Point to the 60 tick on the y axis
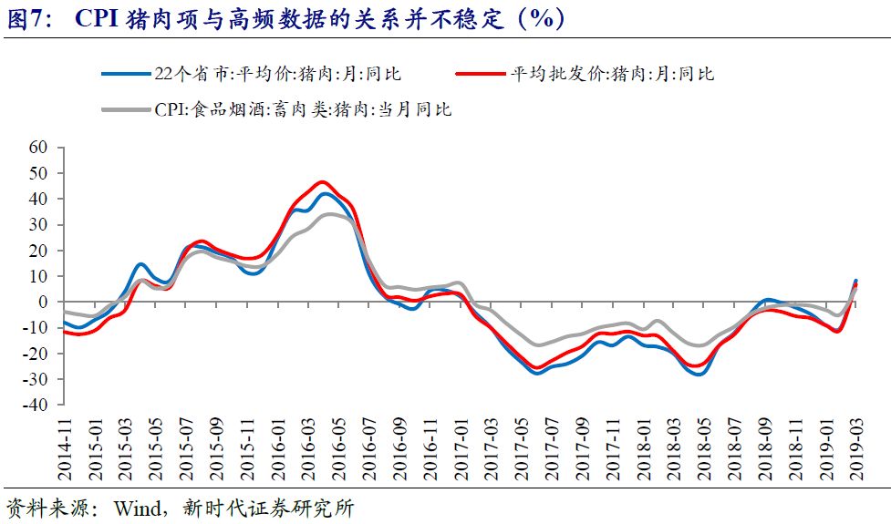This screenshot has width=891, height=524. (37, 148)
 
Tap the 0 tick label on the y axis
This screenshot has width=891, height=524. (42, 302)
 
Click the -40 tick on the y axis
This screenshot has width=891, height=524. (35, 405)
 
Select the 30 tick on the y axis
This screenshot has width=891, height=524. (37, 224)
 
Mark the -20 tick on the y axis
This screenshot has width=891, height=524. (35, 354)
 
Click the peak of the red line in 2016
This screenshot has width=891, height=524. (323, 182)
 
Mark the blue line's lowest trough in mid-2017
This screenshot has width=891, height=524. (536, 373)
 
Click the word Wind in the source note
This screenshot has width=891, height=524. (136, 509)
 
